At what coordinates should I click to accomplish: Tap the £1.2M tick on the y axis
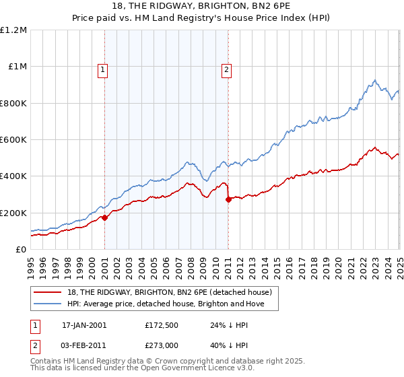[x=14, y=30]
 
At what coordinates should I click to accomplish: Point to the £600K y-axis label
[x=13, y=140]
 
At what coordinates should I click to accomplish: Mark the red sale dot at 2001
[x=105, y=217]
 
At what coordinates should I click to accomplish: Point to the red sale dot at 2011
[x=229, y=199]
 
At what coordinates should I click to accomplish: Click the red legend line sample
[x=48, y=292]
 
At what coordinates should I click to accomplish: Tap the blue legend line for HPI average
[x=48, y=304]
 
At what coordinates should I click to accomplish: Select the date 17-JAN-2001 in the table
[x=84, y=325]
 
